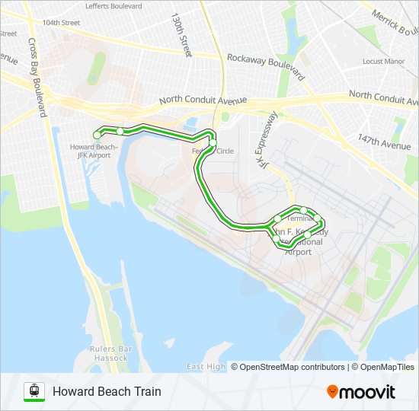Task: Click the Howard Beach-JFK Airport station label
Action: click(x=94, y=151)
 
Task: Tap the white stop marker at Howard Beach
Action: click(x=97, y=135)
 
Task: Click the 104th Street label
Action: click(x=61, y=23)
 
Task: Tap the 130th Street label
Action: click(x=181, y=34)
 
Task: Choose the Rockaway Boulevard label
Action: click(x=266, y=67)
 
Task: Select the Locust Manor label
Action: click(x=383, y=61)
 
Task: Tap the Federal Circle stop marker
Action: click(x=213, y=142)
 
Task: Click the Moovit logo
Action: click(x=361, y=392)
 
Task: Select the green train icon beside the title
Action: click(x=34, y=391)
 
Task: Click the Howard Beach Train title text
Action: click(x=107, y=392)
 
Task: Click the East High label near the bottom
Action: click(x=206, y=367)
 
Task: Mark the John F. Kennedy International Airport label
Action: click(x=300, y=241)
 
